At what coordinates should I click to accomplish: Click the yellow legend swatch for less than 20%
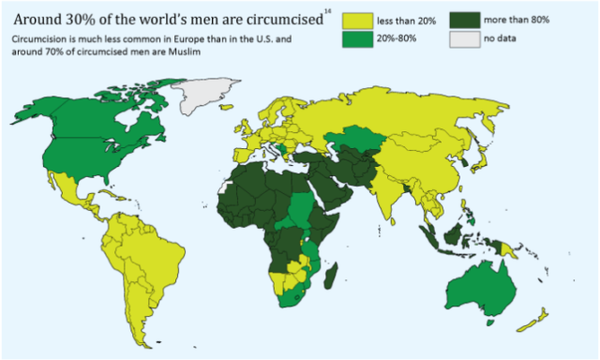(x=355, y=21)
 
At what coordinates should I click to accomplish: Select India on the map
(x=398, y=192)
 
